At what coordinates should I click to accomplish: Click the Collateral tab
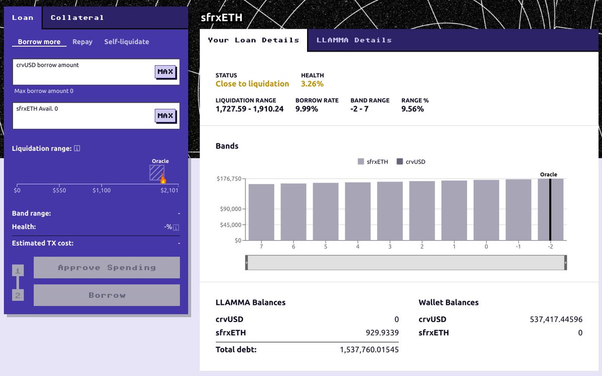pyautogui.click(x=77, y=18)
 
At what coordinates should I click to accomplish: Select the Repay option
pyautogui.click(x=82, y=42)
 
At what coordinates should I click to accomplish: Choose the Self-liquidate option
pyautogui.click(x=126, y=42)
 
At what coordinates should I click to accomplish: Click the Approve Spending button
pyautogui.click(x=106, y=268)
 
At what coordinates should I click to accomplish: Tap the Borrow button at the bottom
pyautogui.click(x=106, y=295)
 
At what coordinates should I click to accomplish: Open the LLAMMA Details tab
pyautogui.click(x=354, y=40)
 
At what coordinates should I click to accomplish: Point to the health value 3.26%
pyautogui.click(x=312, y=84)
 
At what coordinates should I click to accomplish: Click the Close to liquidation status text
pyautogui.click(x=252, y=84)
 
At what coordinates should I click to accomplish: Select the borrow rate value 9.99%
pyautogui.click(x=307, y=109)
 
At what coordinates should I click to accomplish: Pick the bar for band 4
pyautogui.click(x=358, y=211)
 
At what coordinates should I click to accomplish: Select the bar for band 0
pyautogui.click(x=486, y=210)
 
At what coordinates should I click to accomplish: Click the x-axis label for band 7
pyautogui.click(x=261, y=247)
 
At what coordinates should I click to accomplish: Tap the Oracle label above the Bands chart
pyautogui.click(x=548, y=174)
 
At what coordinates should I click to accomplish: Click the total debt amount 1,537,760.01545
pyautogui.click(x=369, y=349)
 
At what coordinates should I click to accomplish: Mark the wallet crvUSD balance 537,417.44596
pyautogui.click(x=556, y=319)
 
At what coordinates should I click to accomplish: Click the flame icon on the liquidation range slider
pyautogui.click(x=163, y=179)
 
